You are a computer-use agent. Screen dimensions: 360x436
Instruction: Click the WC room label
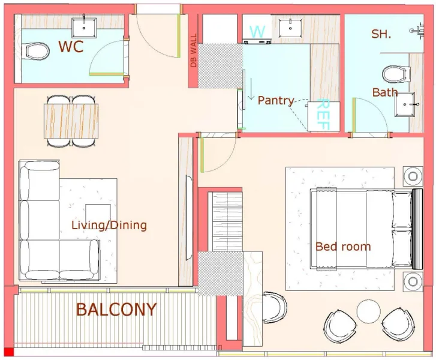click(x=71, y=46)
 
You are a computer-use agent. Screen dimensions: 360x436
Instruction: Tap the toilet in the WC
click(x=37, y=52)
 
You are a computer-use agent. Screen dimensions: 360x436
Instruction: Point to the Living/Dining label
click(x=109, y=226)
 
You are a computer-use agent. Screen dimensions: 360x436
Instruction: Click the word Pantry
click(x=276, y=101)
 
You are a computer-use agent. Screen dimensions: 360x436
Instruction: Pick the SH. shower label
click(x=381, y=34)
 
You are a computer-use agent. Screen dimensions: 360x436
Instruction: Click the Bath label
click(x=384, y=92)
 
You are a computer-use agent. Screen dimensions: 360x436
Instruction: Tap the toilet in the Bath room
click(x=393, y=74)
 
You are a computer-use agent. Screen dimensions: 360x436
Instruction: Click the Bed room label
click(x=343, y=246)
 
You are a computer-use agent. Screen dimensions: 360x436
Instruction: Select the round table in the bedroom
click(x=368, y=311)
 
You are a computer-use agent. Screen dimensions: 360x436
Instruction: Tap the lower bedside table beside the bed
click(x=414, y=280)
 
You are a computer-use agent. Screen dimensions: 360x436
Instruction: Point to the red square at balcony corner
click(x=8, y=352)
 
